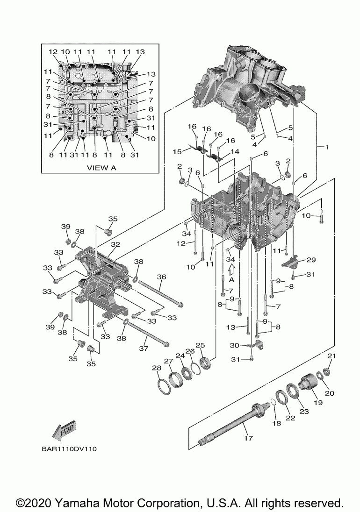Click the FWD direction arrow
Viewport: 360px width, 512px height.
pyautogui.click(x=64, y=432)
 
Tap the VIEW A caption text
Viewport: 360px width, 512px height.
pyautogui.click(x=101, y=168)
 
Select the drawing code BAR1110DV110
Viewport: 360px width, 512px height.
pyautogui.click(x=69, y=449)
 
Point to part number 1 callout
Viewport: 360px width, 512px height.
pyautogui.click(x=327, y=147)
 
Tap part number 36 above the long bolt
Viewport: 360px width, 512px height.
pyautogui.click(x=161, y=277)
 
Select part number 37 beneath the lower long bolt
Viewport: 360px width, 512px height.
pyautogui.click(x=144, y=348)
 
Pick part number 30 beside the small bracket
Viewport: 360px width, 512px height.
pyautogui.click(x=234, y=346)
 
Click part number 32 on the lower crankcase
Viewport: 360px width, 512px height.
pyautogui.click(x=115, y=245)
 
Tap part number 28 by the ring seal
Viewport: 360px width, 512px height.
pyautogui.click(x=157, y=368)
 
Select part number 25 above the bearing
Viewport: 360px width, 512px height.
pyautogui.click(x=200, y=345)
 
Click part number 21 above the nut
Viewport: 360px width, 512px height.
pyautogui.click(x=331, y=356)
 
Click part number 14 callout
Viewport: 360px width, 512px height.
pyautogui.click(x=235, y=151)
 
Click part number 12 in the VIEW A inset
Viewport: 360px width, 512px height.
pyautogui.click(x=53, y=51)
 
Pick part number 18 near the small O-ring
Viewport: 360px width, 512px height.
pyautogui.click(x=277, y=423)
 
